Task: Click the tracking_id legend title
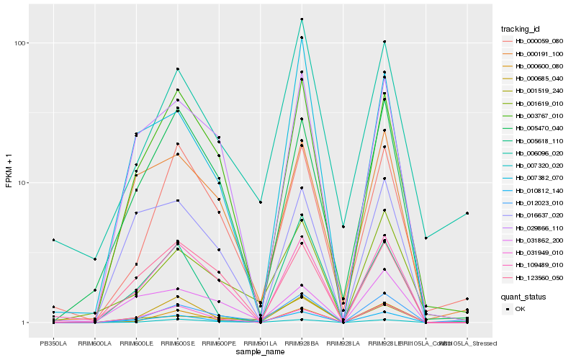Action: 521,29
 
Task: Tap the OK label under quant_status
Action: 521,309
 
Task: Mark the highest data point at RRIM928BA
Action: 302,19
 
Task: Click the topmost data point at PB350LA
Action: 53,240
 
